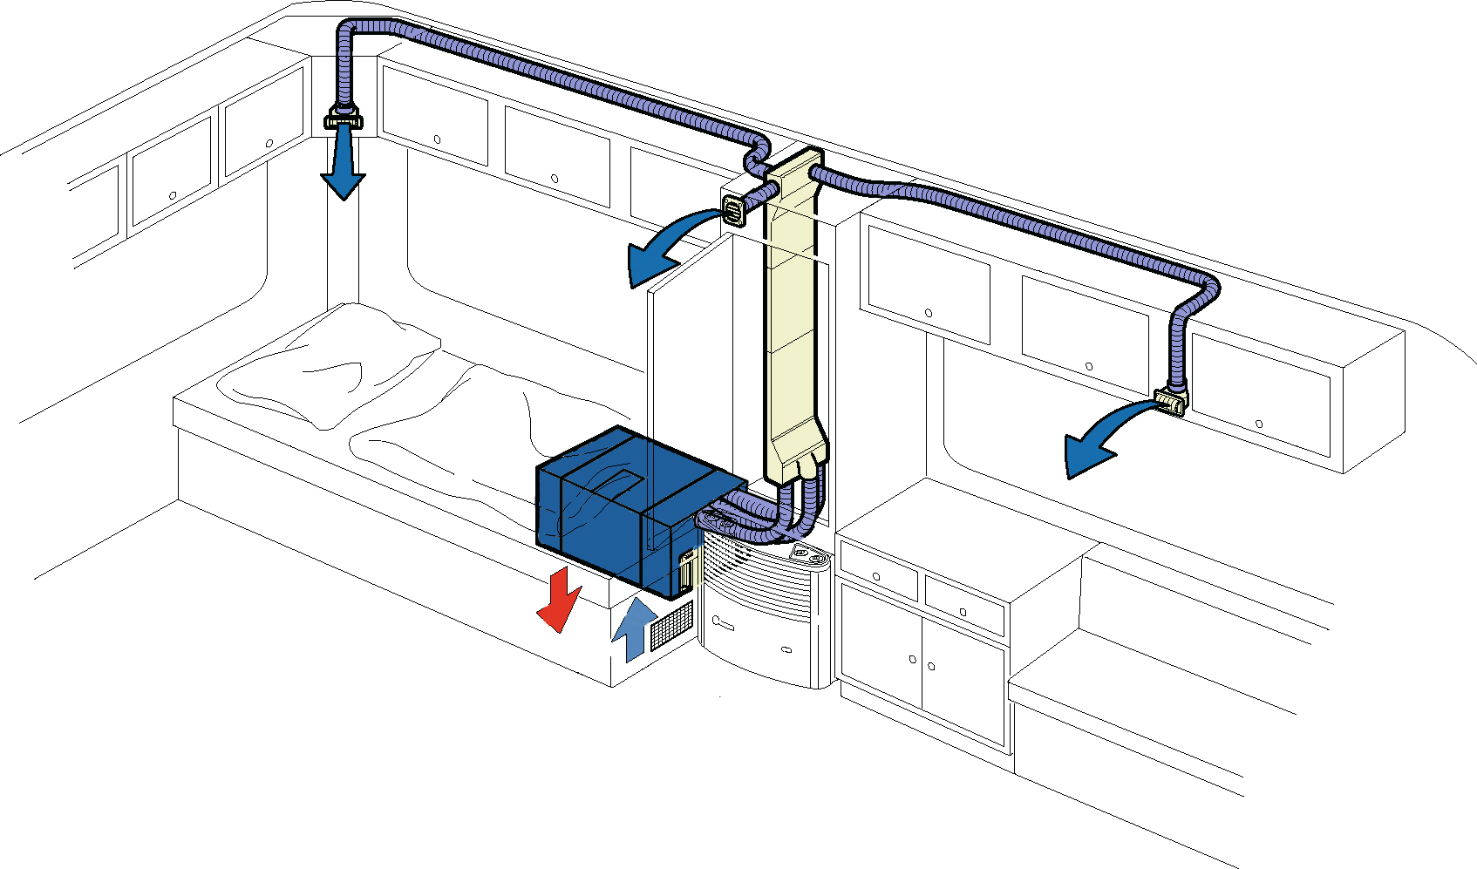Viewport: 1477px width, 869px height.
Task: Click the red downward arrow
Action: (x=558, y=600)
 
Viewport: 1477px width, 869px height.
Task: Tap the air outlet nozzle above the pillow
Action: (x=343, y=118)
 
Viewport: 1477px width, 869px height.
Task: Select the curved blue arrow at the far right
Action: (x=1099, y=440)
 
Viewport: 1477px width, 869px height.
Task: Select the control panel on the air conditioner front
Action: (x=685, y=572)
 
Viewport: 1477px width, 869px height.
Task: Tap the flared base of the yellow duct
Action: (x=795, y=453)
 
